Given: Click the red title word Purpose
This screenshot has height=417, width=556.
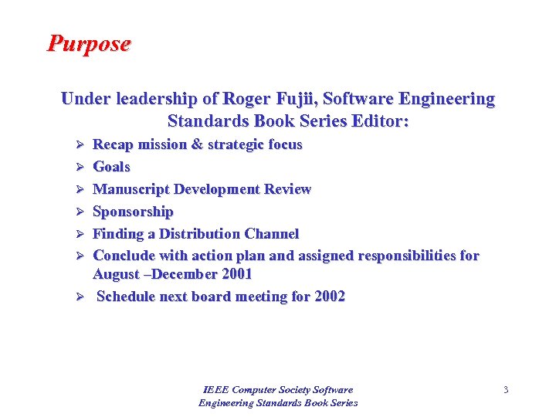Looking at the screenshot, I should click(x=89, y=43).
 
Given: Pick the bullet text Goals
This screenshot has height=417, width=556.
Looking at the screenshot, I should click(x=111, y=167).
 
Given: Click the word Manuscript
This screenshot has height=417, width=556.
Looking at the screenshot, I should click(x=131, y=189).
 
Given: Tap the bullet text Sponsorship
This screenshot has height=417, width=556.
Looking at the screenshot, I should click(x=133, y=212).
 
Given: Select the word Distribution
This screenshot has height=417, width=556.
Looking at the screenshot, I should click(x=201, y=234).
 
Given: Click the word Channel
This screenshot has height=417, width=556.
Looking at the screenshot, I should click(x=272, y=234).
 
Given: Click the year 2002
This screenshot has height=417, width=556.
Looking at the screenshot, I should click(x=330, y=297).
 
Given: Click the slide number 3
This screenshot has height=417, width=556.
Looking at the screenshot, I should click(x=506, y=390).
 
